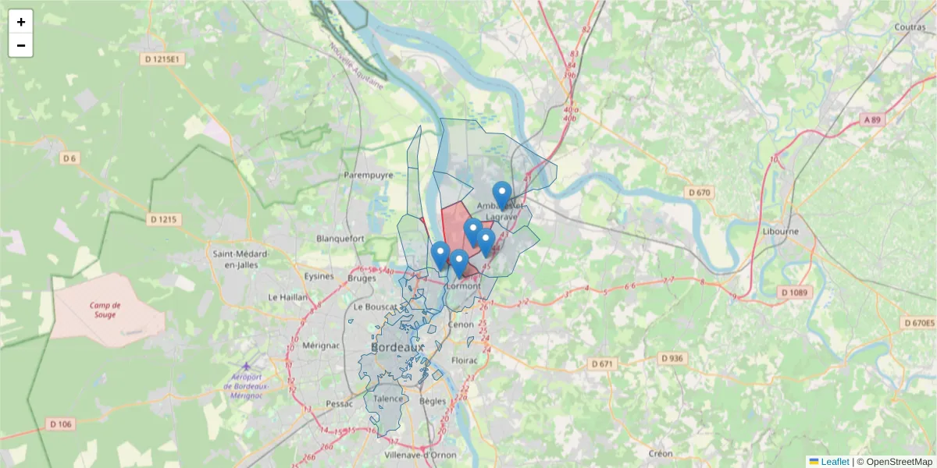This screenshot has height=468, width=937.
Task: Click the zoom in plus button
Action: [x=21, y=22]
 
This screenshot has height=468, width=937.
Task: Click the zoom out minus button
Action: [x=21, y=45]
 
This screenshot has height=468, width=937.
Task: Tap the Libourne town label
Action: [x=781, y=232]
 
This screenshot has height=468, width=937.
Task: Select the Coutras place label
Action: [x=910, y=27]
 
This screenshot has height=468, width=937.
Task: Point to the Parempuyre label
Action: [x=369, y=175]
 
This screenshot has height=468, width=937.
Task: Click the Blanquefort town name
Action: [x=340, y=239]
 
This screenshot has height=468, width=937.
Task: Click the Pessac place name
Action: [x=340, y=404]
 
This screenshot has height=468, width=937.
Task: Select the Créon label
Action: [x=661, y=453]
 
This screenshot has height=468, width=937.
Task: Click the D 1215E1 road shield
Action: [x=162, y=59]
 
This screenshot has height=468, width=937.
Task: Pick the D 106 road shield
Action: [x=60, y=424]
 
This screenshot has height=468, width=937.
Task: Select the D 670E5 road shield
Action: [x=918, y=323]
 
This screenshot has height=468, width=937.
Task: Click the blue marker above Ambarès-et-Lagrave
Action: [x=502, y=194]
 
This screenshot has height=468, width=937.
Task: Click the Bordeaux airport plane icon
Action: [x=248, y=366]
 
